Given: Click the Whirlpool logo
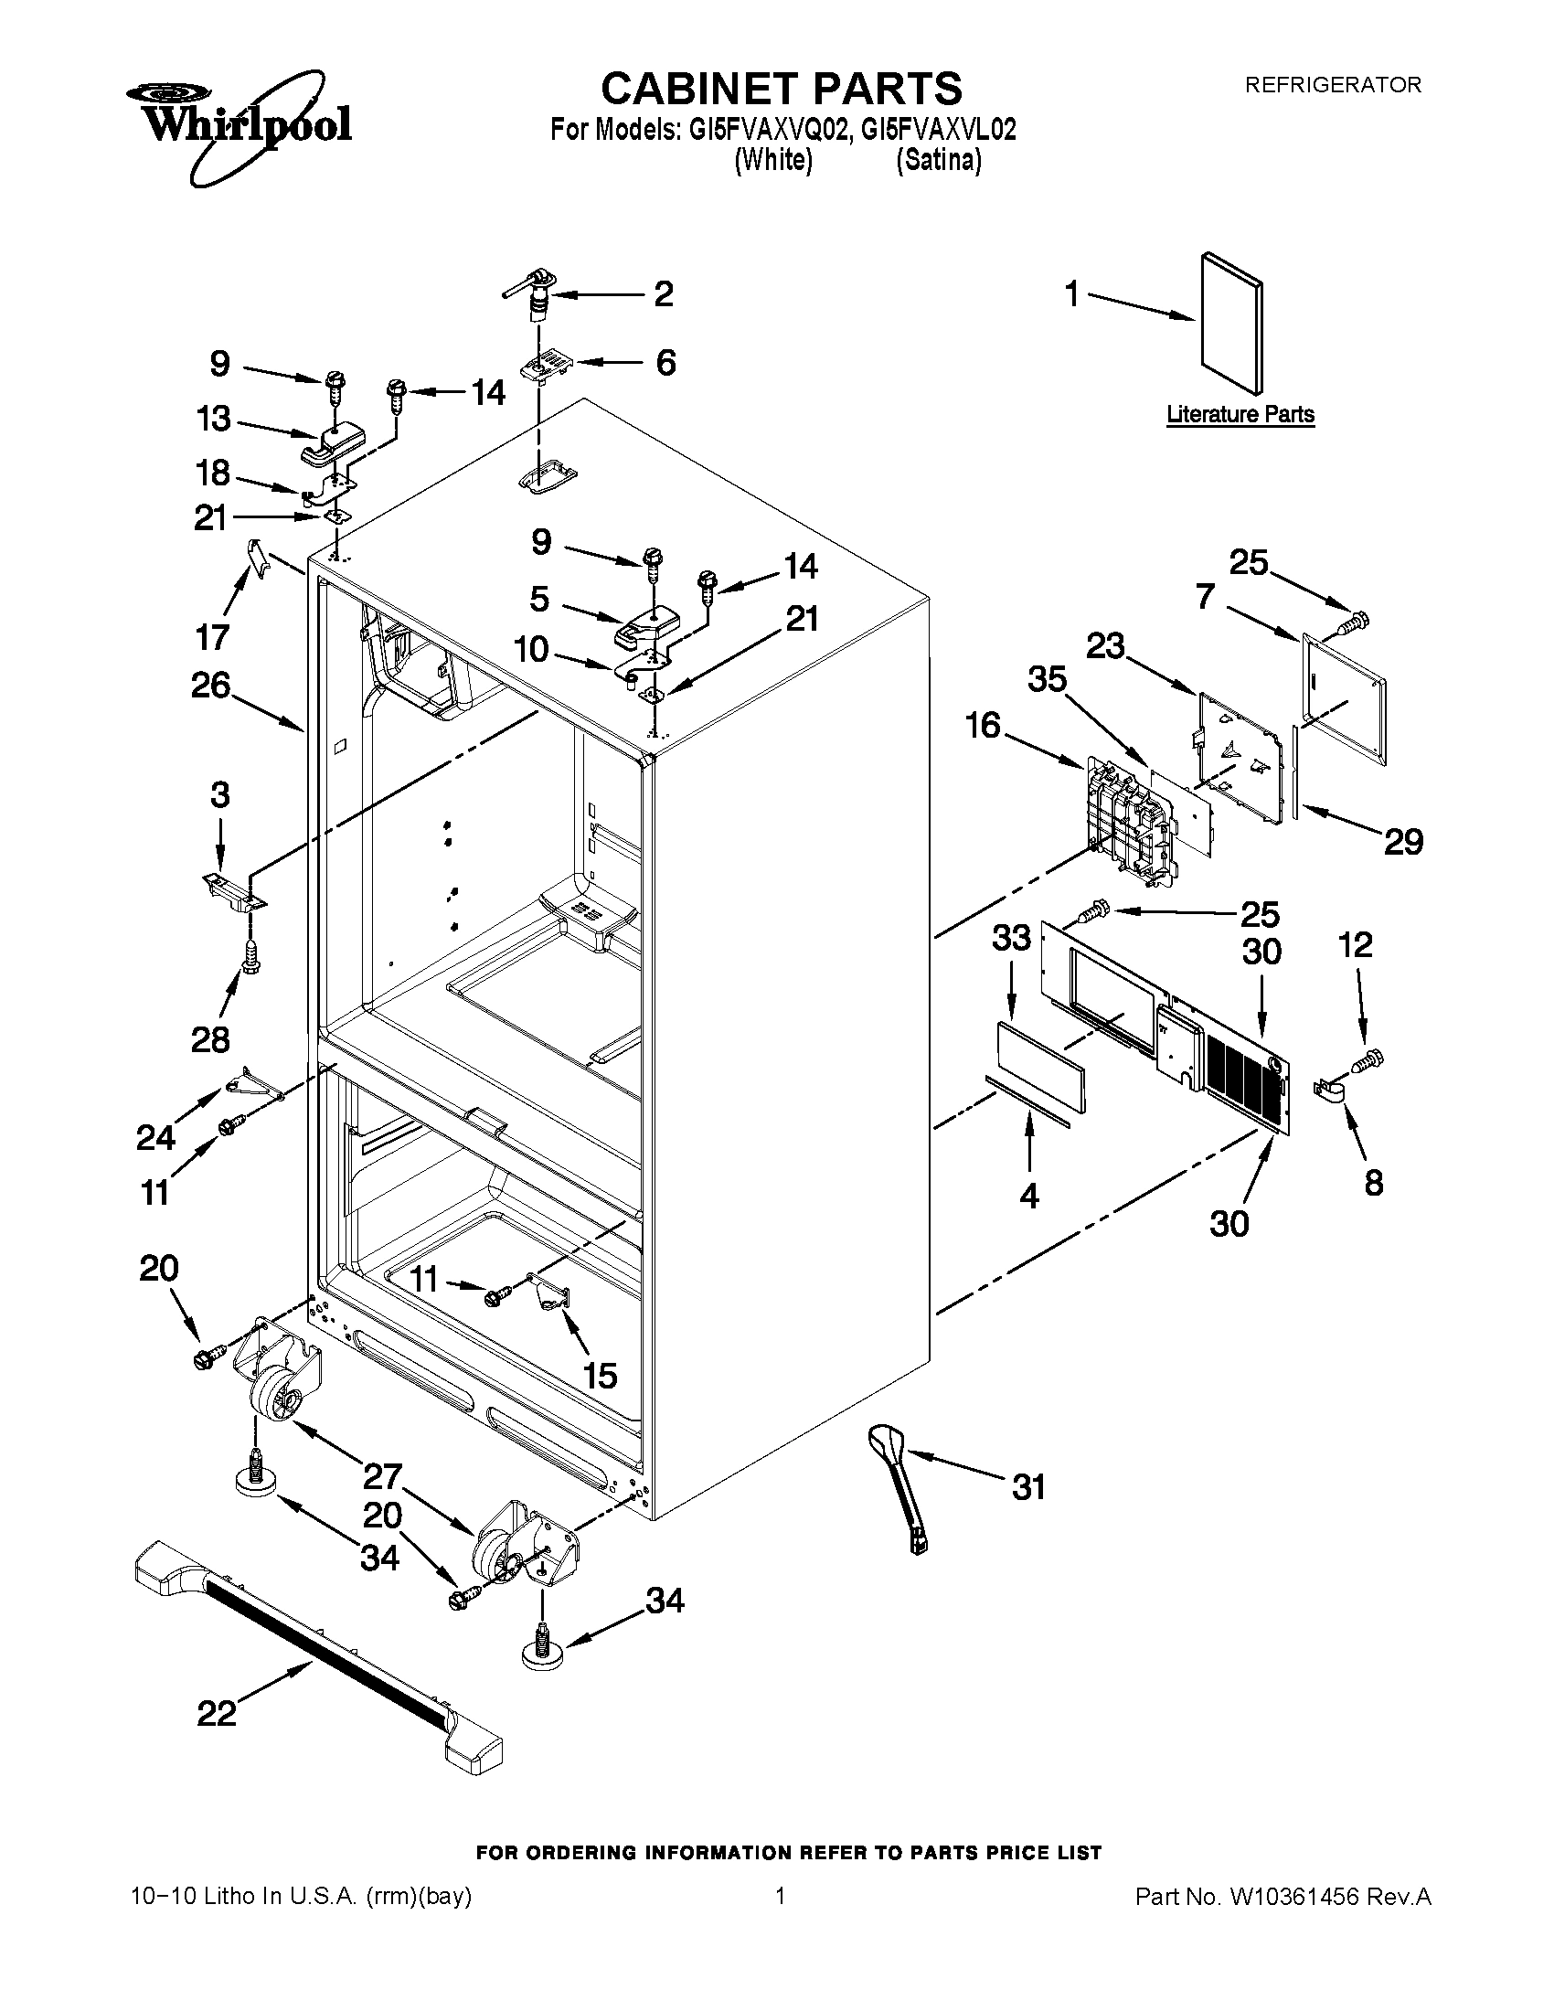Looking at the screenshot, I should pos(238,123).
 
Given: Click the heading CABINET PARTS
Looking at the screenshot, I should pos(782,90).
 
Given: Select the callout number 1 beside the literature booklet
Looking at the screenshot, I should pos(1072,295).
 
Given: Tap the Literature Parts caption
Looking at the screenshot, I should pos(1240,415).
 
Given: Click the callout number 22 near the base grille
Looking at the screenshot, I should pos(217,1714).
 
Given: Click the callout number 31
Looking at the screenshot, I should pos(1029,1487).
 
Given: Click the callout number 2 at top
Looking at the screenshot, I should pos(664,294).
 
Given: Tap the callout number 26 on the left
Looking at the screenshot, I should pos(210,685).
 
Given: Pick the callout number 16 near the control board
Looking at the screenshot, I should pos(984,726).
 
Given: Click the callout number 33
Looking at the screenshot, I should pos(1011,938).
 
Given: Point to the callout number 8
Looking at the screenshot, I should pos(1373,1183).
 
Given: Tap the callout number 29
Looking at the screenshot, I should pos(1404,841).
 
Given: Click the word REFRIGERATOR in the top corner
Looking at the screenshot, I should pos(1332,85).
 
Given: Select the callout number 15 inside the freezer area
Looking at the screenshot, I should pos(601,1376).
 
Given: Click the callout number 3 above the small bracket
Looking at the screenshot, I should pos(220,794).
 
